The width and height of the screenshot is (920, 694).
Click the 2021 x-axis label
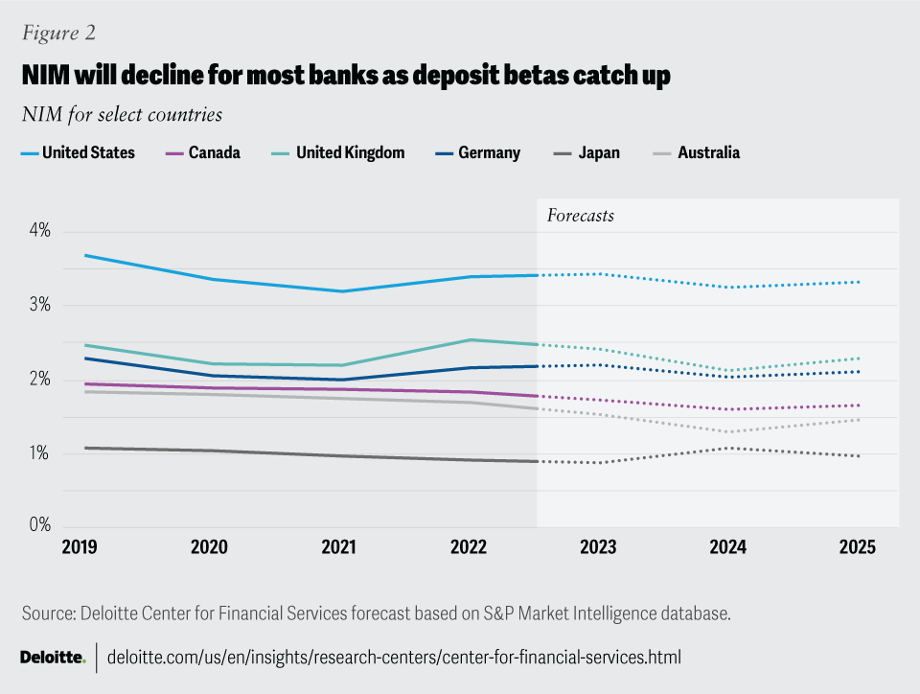pyautogui.click(x=338, y=547)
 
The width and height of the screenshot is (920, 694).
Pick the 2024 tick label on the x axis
pyautogui.click(x=728, y=547)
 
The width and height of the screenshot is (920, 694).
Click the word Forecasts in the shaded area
pyautogui.click(x=580, y=216)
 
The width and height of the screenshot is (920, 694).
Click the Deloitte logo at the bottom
pyautogui.click(x=53, y=658)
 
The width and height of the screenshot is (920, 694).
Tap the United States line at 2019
pyautogui.click(x=86, y=255)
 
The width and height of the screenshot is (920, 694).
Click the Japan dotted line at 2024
pyautogui.click(x=728, y=448)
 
